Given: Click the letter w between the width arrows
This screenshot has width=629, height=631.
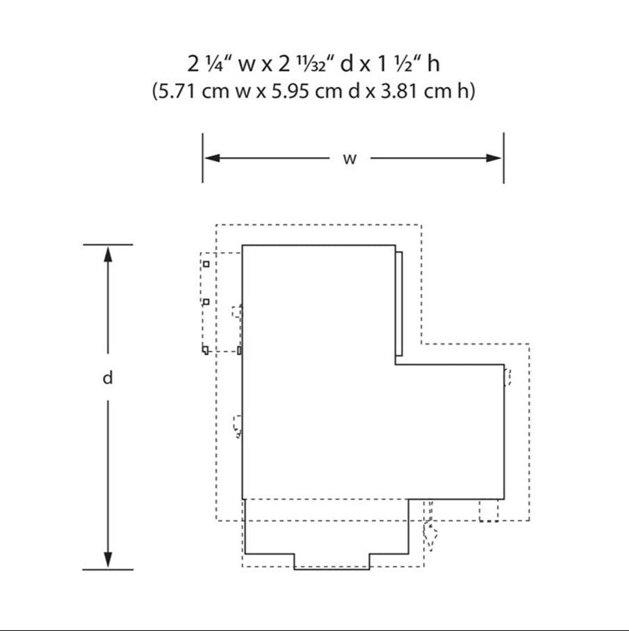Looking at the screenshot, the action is [350, 159].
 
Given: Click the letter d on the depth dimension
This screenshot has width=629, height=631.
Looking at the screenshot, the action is [108, 378].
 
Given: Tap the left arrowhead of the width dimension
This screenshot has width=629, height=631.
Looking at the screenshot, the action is [212, 158].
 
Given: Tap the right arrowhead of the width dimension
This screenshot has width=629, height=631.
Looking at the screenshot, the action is [493, 158].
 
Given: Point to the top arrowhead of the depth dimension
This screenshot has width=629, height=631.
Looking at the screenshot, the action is [108, 254].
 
